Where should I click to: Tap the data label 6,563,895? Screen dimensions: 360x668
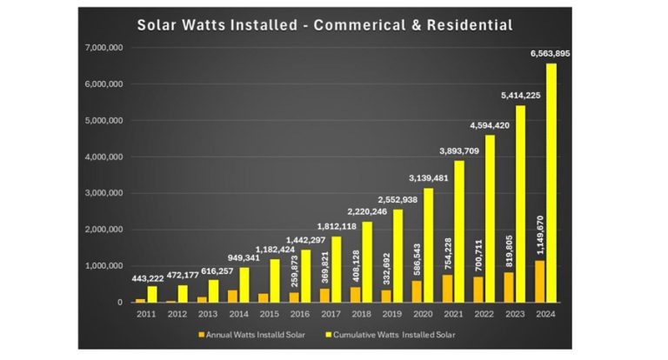550,54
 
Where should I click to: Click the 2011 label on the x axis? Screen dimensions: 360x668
145,314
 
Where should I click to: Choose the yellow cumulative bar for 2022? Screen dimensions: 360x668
490,218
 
